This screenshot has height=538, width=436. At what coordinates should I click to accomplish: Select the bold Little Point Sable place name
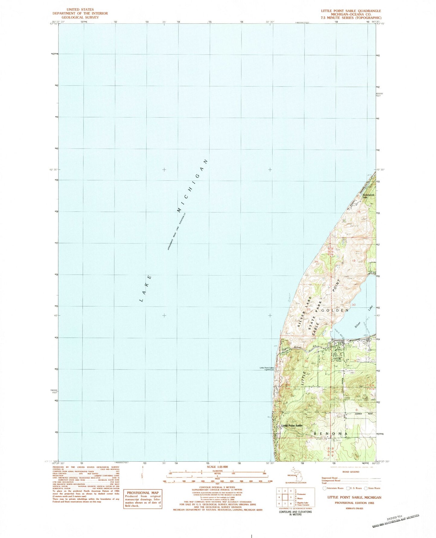pyautogui.click(x=292, y=425)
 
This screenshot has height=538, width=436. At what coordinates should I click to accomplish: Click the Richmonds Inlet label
pyautogui.click(x=368, y=196)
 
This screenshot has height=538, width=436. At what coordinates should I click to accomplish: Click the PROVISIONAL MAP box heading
pyautogui.click(x=143, y=492)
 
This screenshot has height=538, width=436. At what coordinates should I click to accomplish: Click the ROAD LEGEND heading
pyautogui.click(x=351, y=472)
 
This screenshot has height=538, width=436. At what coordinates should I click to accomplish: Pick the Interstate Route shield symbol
pyautogui.click(x=325, y=488)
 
